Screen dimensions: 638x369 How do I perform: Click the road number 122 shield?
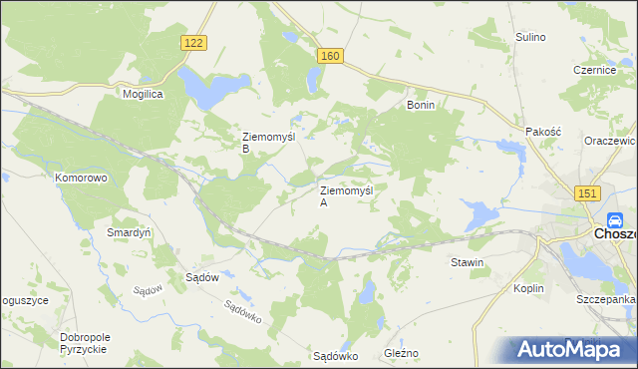click(x=195, y=42)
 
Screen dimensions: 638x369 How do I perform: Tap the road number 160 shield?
click(x=332, y=56)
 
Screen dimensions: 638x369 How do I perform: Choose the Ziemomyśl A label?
click(x=345, y=195)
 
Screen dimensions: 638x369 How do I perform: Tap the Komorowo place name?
click(x=81, y=178)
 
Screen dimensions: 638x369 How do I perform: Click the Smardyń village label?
click(x=129, y=232)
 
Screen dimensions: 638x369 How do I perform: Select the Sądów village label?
click(x=202, y=277)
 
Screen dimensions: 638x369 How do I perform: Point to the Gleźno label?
click(x=401, y=354)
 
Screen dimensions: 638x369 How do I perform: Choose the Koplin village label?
click(x=528, y=288)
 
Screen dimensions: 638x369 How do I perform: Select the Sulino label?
click(x=530, y=37)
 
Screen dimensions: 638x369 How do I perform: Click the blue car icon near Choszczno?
click(x=615, y=221)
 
